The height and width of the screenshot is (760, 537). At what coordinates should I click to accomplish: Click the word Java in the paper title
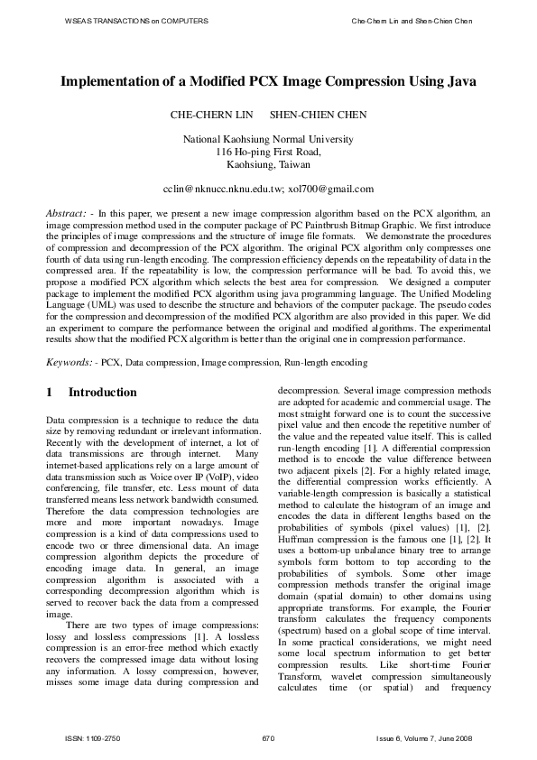[x=458, y=81]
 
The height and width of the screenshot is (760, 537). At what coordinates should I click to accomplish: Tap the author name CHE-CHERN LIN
[x=207, y=116]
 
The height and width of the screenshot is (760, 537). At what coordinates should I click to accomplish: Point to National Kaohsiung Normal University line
[x=268, y=140]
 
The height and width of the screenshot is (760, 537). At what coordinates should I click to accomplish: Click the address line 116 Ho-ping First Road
[x=268, y=153]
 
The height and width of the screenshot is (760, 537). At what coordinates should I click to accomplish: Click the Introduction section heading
[x=103, y=393]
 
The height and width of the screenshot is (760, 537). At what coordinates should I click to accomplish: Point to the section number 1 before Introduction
[x=50, y=393]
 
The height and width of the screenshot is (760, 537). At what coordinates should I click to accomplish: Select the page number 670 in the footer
[x=268, y=739]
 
